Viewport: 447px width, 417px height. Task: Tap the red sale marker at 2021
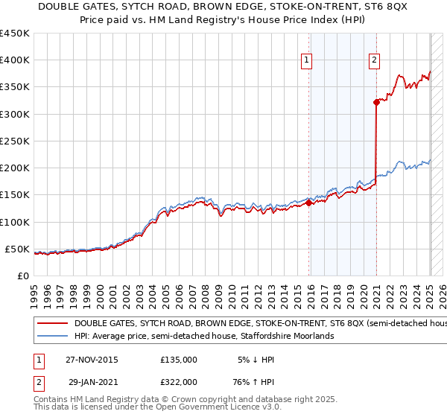376,103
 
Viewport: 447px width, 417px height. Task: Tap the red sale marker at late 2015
309,203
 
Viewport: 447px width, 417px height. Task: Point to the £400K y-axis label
14,60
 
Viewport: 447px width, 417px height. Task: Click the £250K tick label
14,141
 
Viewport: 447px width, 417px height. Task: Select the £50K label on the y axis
17,249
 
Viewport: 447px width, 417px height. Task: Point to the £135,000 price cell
179,360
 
